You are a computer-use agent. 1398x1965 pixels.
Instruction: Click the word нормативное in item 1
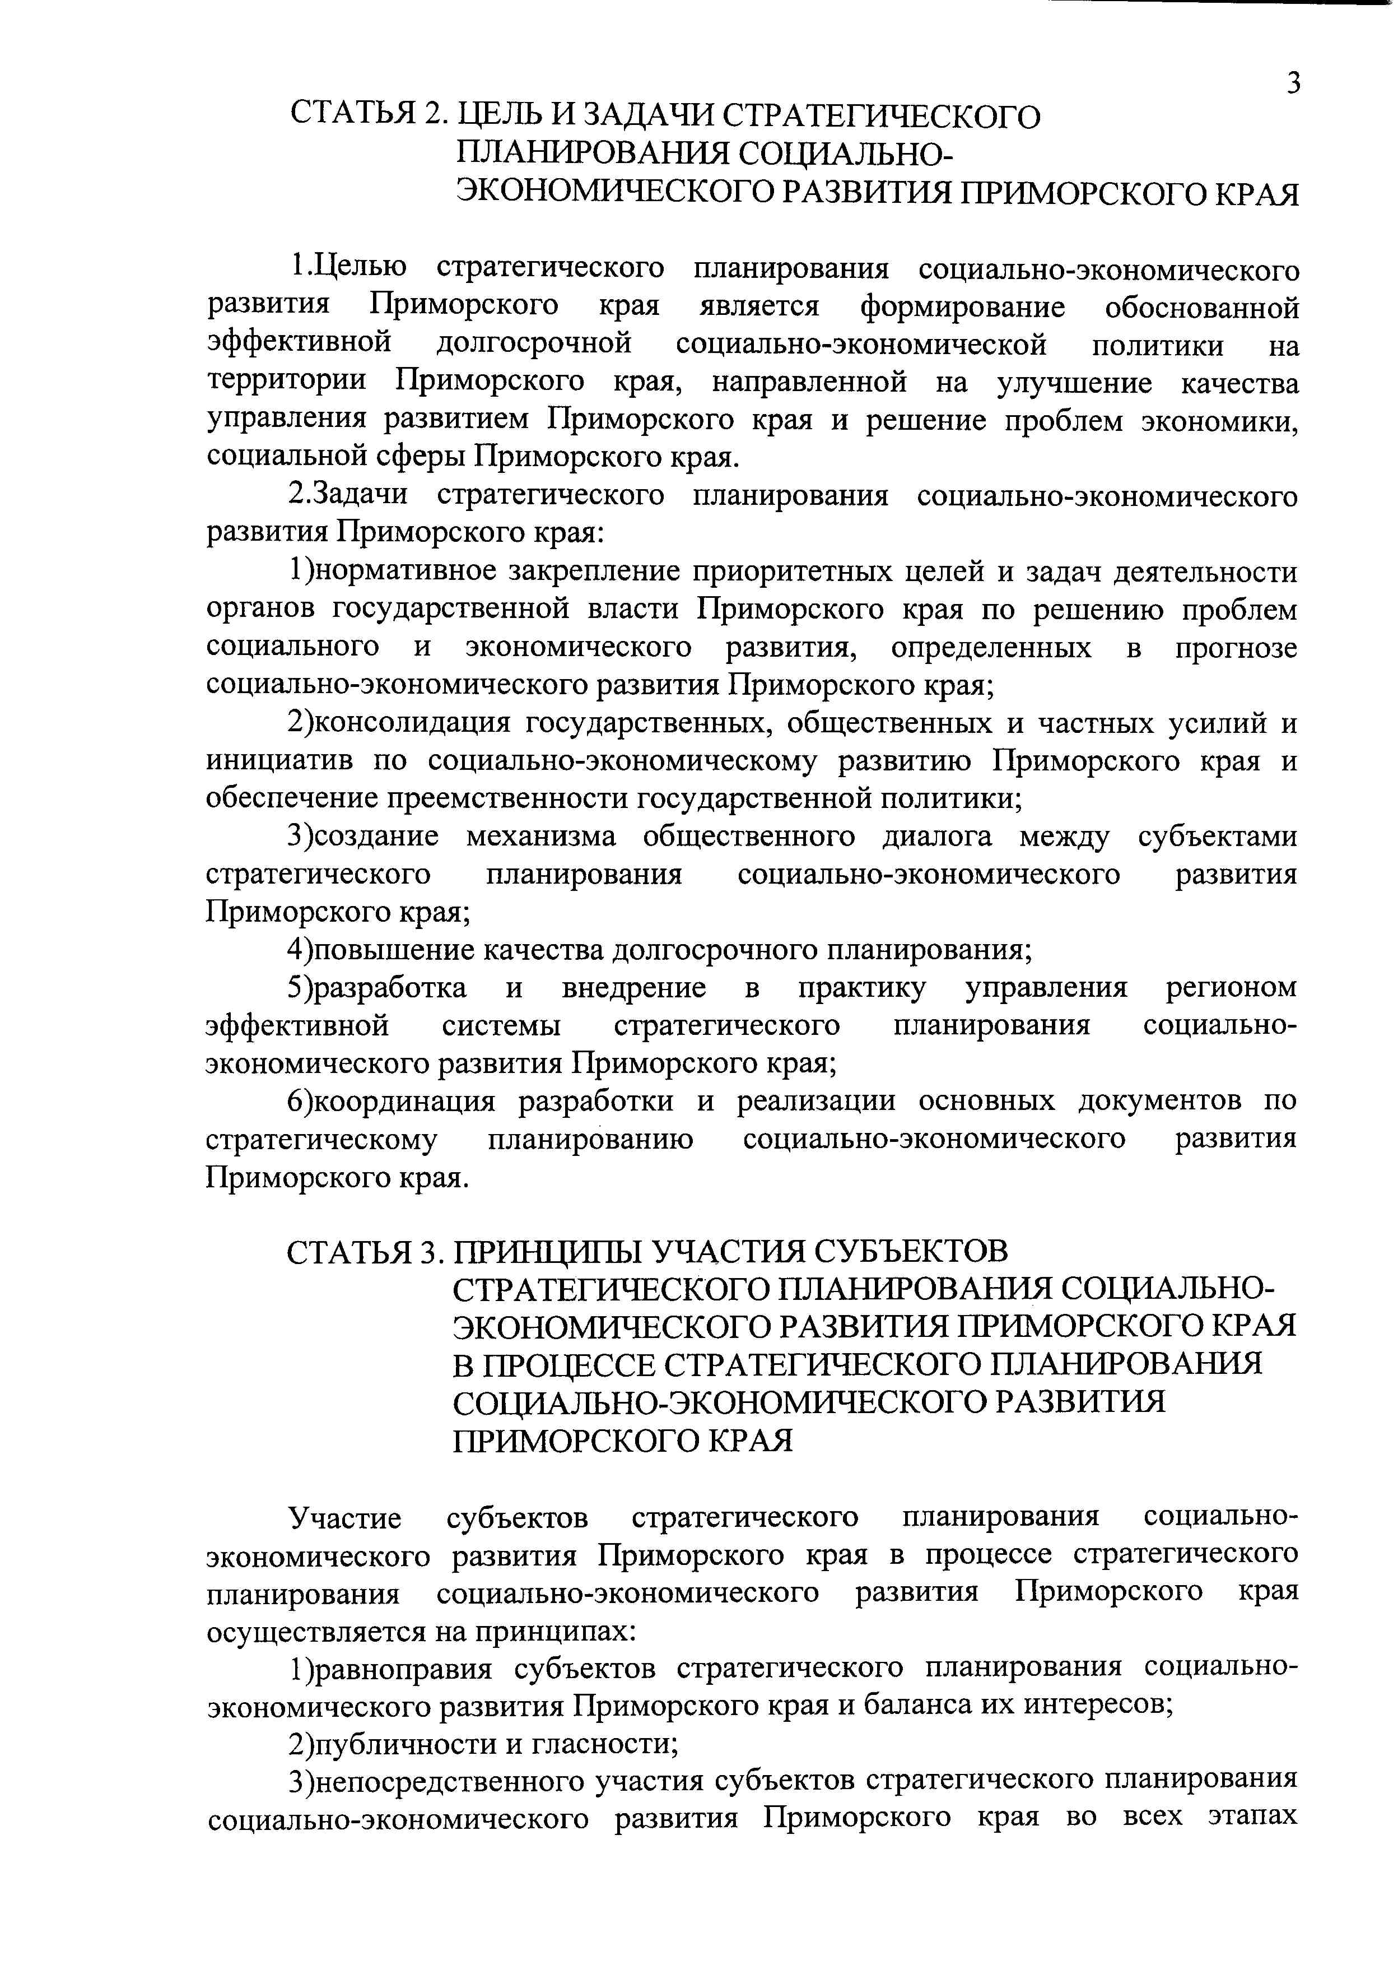401,572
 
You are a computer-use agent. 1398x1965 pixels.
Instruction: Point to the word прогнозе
1236,648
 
